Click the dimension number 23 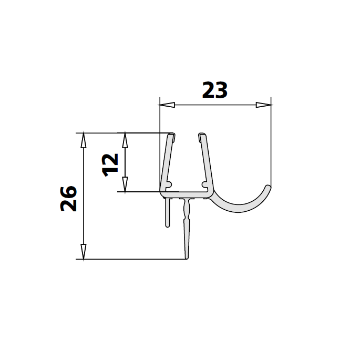pos(215,90)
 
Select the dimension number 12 pos(111,164)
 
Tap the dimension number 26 pos(69,198)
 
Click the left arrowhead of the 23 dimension pos(167,105)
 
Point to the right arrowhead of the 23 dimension pos(264,105)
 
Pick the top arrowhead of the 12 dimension pos(125,139)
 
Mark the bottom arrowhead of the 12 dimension pos(125,185)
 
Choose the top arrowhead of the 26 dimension pos(83,140)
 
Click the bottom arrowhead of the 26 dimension pos(83,252)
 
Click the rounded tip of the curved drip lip pos(269,187)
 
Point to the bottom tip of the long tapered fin pos(187,258)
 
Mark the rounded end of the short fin pos(168,224)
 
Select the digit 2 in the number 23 pos(209,90)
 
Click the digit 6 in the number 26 pos(69,191)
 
